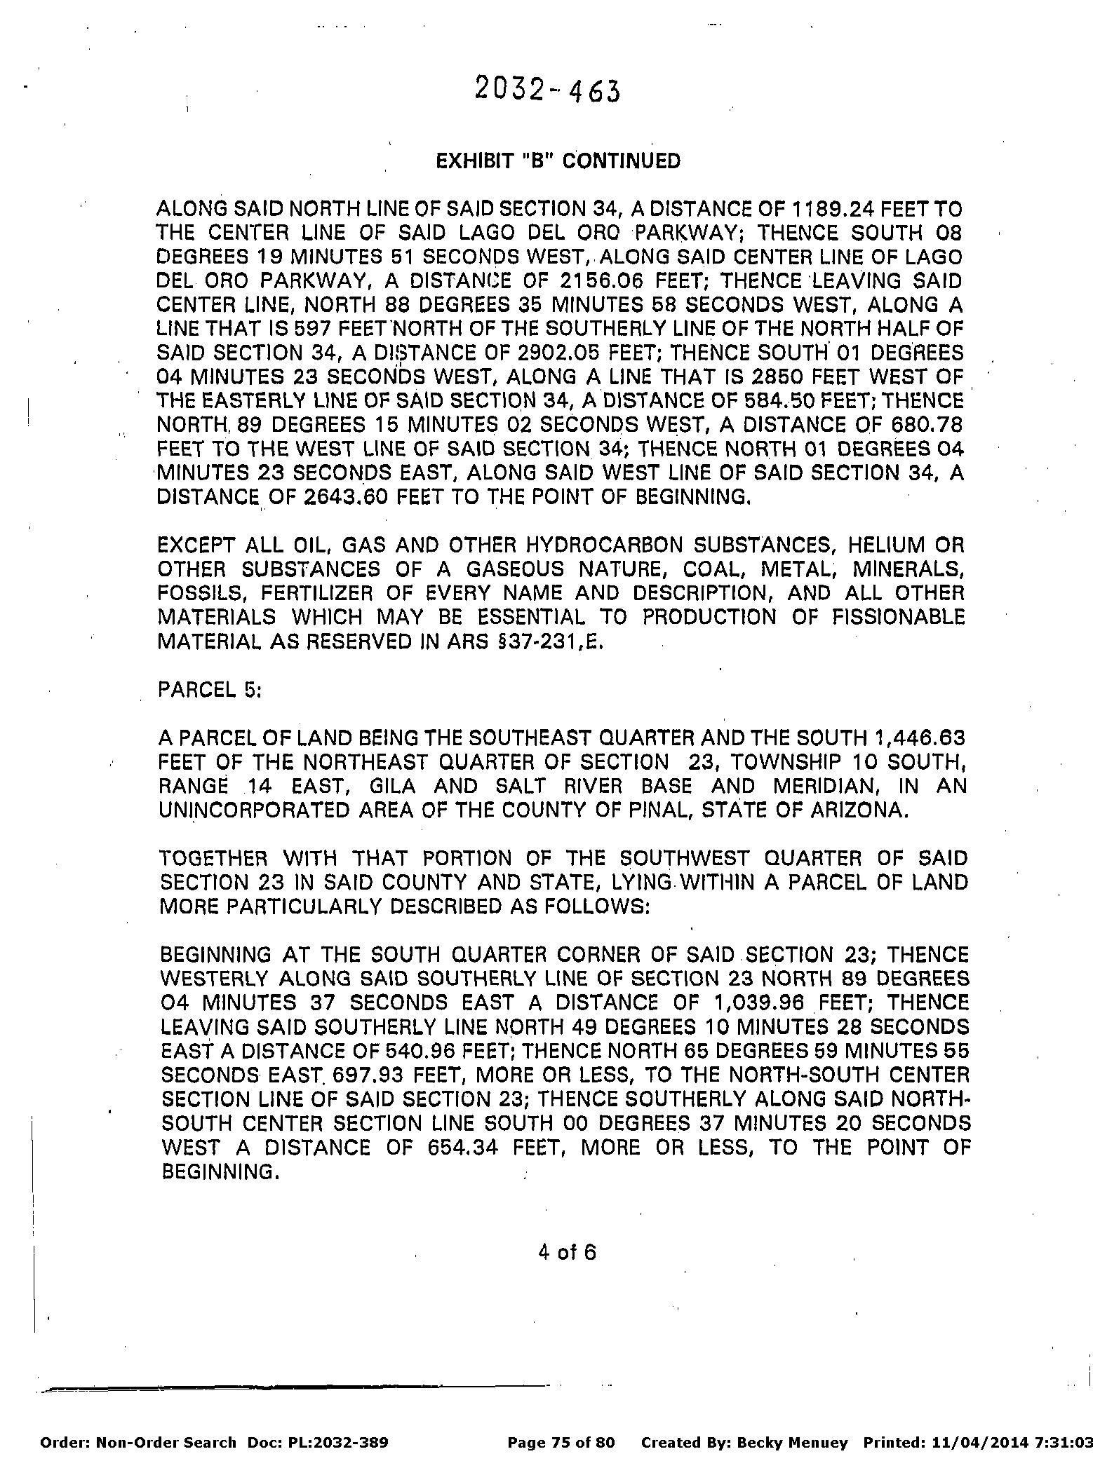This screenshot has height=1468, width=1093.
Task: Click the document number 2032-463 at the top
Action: pos(547,90)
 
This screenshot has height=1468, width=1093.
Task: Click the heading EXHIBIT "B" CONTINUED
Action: pos(558,161)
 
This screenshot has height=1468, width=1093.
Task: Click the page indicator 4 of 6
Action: pos(568,1251)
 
